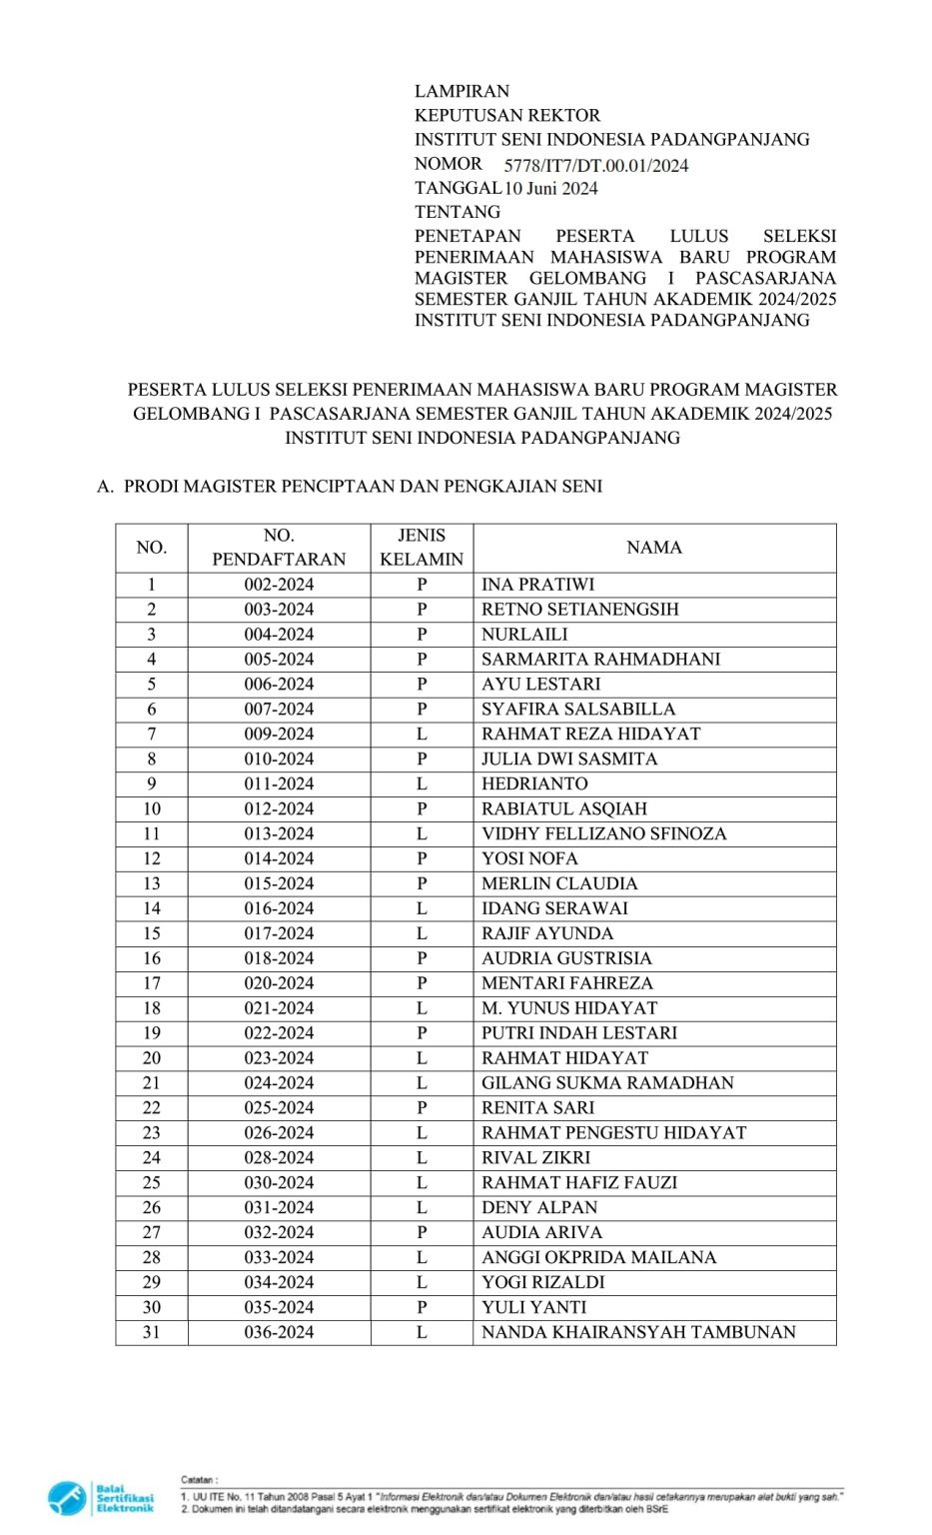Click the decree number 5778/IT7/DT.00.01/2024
tap(595, 166)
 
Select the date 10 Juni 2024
tap(550, 189)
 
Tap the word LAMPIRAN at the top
tap(462, 91)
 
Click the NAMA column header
tap(654, 548)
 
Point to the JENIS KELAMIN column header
tap(422, 548)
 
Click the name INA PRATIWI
tap(537, 585)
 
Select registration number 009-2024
tap(279, 735)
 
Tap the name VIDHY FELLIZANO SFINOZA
tap(603, 833)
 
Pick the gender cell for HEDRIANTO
tap(422, 784)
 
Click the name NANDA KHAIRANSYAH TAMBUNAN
tap(638, 1332)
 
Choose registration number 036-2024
tap(279, 1332)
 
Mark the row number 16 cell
tap(152, 958)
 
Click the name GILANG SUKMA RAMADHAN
tap(607, 1083)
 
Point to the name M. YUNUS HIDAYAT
tap(569, 1008)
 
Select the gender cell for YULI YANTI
tap(422, 1307)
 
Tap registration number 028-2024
tap(279, 1157)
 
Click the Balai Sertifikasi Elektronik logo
tap(100, 1498)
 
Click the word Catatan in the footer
tap(198, 1479)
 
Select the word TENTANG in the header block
tap(458, 212)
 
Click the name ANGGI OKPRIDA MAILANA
tap(598, 1257)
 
